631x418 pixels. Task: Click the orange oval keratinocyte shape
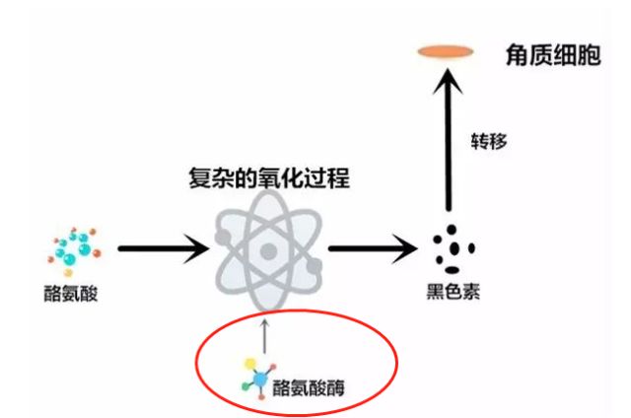pos(446,50)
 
